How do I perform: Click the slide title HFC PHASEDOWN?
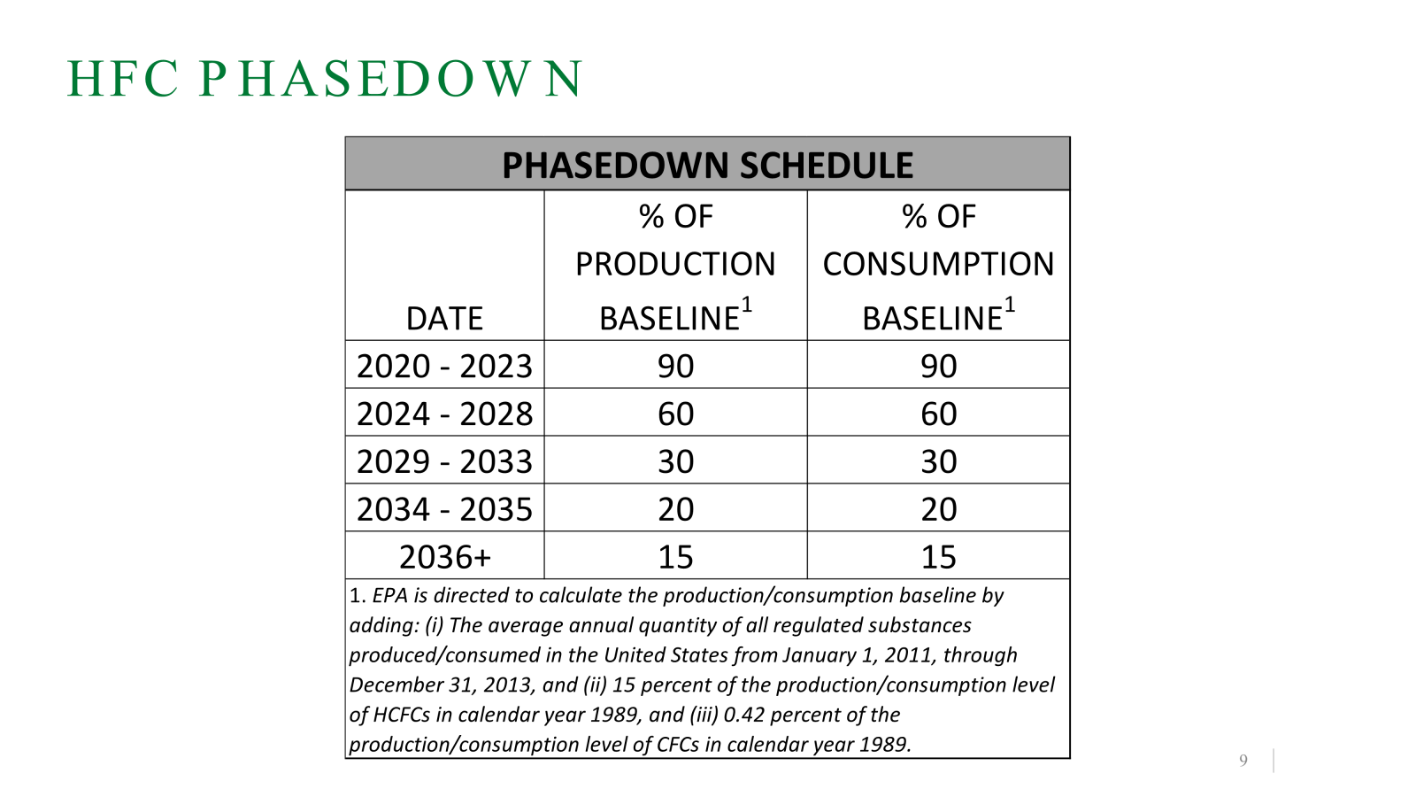click(x=325, y=79)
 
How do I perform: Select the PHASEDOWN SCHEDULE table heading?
click(x=707, y=166)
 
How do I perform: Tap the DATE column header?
click(x=444, y=319)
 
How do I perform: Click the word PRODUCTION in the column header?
click(x=675, y=264)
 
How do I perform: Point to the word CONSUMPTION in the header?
click(x=938, y=264)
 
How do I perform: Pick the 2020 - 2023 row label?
click(x=444, y=367)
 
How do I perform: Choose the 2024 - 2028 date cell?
click(x=444, y=414)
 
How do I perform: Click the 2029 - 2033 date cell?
click(x=444, y=462)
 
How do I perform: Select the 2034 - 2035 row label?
click(x=444, y=510)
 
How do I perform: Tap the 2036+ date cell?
click(x=444, y=557)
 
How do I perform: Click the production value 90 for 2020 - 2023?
click(x=675, y=367)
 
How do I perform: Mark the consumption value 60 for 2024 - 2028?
click(x=938, y=414)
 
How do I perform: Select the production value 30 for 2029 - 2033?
click(x=675, y=462)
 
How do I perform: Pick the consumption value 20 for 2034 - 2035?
click(x=938, y=510)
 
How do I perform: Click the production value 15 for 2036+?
click(x=675, y=557)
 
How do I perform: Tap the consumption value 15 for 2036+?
click(x=938, y=557)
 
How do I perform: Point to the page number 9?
click(x=1243, y=761)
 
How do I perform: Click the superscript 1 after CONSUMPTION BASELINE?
click(x=1009, y=306)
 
